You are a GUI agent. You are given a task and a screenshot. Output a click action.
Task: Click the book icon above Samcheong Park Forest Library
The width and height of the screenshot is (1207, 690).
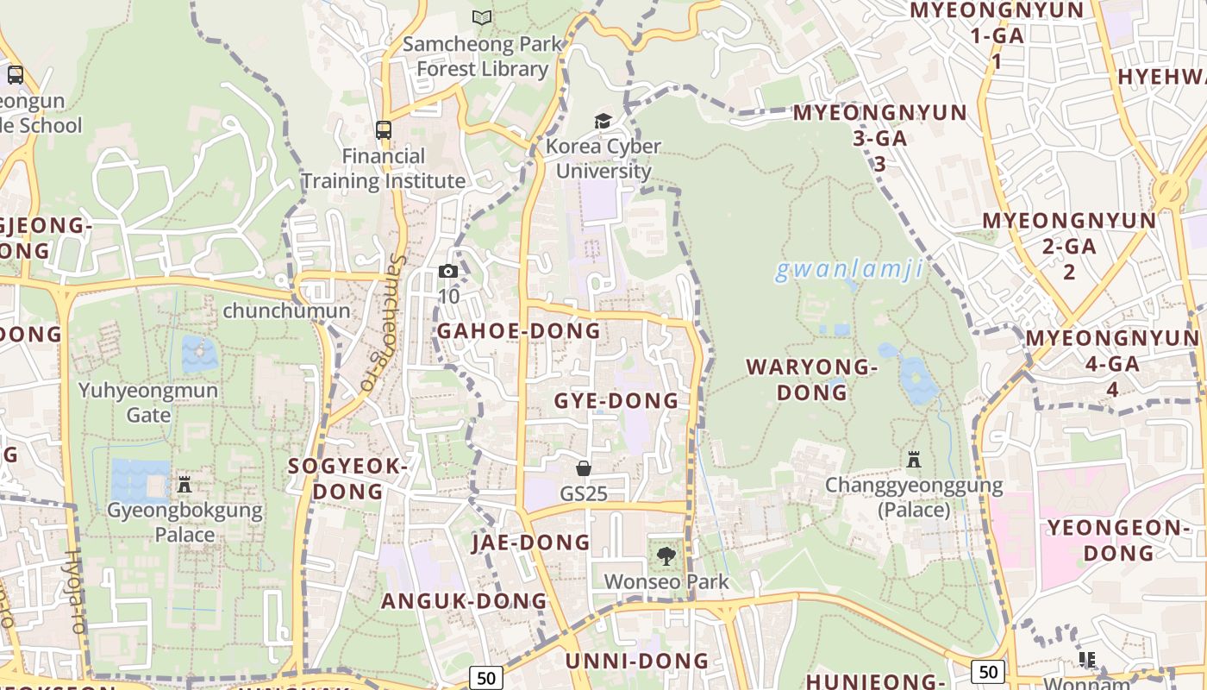coord(481,17)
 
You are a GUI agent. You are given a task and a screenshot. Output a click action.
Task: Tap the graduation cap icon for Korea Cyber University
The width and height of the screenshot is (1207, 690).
coord(603,121)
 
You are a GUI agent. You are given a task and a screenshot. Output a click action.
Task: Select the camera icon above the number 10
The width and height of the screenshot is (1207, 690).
coord(447,272)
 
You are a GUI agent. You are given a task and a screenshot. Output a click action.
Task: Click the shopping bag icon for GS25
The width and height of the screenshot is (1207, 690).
coord(584,468)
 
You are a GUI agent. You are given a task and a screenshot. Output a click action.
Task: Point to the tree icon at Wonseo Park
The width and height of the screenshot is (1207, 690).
coord(666,556)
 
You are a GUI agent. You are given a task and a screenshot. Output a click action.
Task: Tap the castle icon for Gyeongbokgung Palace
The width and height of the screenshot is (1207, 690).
coord(184,484)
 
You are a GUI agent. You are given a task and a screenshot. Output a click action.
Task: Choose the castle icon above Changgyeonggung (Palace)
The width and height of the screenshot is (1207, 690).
coord(914,460)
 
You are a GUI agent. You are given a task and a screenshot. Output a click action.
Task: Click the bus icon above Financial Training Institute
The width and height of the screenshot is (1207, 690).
coord(384,131)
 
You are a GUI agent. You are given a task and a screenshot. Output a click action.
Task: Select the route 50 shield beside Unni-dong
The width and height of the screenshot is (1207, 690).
coord(486,678)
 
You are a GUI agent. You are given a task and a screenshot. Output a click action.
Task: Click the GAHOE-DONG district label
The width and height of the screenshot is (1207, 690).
coord(519,331)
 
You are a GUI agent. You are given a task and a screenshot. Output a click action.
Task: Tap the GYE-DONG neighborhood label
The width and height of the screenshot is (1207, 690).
coord(616,401)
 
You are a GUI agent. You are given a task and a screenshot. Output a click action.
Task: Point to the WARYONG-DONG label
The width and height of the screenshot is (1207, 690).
coord(812,379)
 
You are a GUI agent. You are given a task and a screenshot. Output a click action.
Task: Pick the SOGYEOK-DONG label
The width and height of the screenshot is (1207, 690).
coord(347,479)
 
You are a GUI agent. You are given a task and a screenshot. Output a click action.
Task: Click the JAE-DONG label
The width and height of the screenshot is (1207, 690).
coord(531,543)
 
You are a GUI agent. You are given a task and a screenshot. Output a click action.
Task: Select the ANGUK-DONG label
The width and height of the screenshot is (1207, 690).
coord(465,601)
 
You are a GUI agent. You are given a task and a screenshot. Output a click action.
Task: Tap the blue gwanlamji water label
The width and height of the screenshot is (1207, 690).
coord(849,270)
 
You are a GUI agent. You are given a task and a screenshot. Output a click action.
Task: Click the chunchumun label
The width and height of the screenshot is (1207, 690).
coord(286,310)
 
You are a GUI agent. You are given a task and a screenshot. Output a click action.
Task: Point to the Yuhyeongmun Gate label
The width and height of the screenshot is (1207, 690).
coord(148,403)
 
